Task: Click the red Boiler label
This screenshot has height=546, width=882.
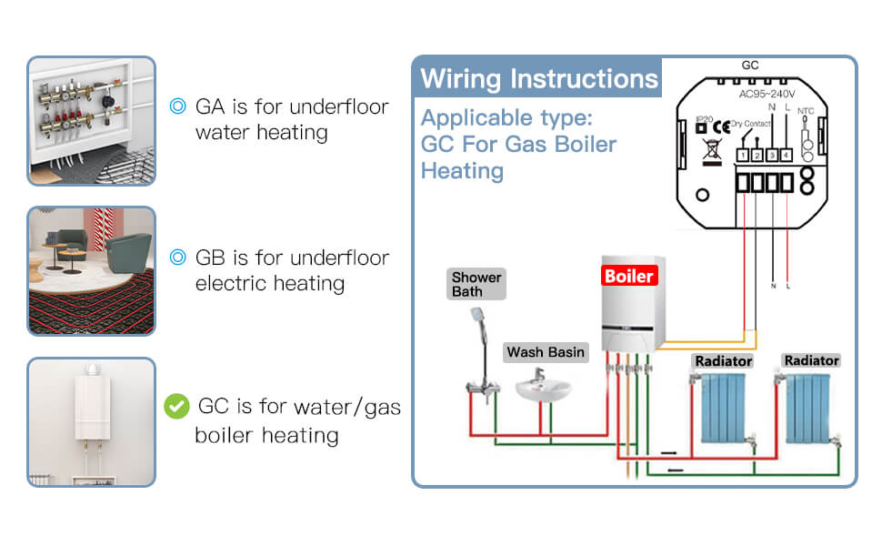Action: [x=629, y=275]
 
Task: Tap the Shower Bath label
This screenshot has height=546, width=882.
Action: [x=476, y=285]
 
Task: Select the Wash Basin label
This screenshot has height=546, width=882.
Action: [x=546, y=352]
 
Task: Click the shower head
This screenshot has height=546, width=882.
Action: [x=476, y=316]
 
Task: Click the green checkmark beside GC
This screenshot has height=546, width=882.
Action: [x=175, y=406]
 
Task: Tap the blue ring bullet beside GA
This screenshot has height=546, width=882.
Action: [x=178, y=106]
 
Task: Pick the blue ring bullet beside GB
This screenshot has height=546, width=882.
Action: [x=178, y=258]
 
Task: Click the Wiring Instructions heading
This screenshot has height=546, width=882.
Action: [x=538, y=78]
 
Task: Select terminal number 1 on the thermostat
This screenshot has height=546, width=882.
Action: [x=743, y=156]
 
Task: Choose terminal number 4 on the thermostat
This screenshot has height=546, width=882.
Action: [x=787, y=156]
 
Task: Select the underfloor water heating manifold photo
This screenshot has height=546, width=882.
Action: [x=91, y=121]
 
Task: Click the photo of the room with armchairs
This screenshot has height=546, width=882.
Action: [x=91, y=270]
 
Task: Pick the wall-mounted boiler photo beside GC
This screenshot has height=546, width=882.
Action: [x=91, y=420]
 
